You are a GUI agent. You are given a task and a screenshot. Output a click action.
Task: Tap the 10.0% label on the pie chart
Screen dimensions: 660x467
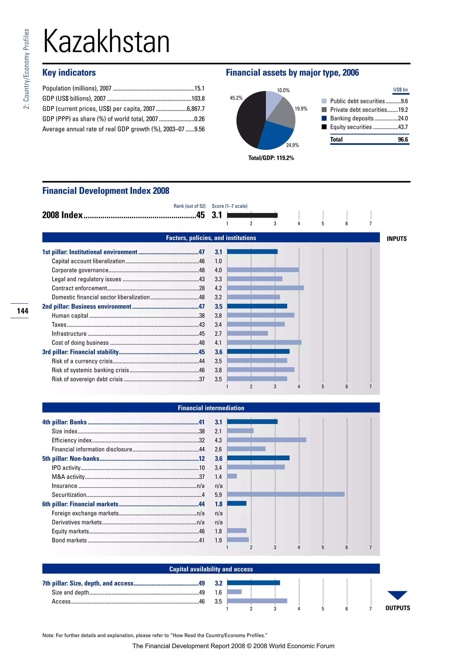pyautogui.click(x=283, y=90)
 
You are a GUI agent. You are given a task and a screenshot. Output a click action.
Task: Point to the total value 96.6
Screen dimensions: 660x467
pyautogui.click(x=403, y=139)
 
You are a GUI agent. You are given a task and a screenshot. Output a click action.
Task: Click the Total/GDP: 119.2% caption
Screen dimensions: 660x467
pyautogui.click(x=271, y=158)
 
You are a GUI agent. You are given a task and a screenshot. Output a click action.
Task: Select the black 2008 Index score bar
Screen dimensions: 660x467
pyautogui.click(x=252, y=215)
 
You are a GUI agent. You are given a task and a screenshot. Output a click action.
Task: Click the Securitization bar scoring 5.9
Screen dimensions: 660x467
pyautogui.click(x=285, y=494)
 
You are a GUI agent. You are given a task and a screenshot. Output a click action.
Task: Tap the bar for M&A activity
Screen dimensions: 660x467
pyautogui.click(x=232, y=476)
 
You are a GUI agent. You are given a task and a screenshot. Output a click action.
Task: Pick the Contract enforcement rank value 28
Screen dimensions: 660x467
pyautogui.click(x=202, y=288)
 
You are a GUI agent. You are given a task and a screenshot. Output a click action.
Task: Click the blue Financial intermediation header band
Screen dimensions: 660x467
pyautogui.click(x=211, y=408)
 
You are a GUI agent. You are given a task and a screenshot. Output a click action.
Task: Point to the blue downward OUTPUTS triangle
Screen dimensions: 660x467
pyautogui.click(x=397, y=594)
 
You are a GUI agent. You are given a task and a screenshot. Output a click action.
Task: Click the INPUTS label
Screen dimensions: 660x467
pyautogui.click(x=397, y=239)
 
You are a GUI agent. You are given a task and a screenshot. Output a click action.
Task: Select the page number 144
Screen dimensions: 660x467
pyautogui.click(x=22, y=311)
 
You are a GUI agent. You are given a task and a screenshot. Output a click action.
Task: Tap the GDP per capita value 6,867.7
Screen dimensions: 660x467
pyautogui.click(x=196, y=109)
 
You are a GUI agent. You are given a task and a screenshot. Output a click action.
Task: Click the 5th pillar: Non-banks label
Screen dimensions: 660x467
pyautogui.click(x=71, y=459)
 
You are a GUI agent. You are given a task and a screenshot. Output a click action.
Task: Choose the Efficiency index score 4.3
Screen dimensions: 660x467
pyautogui.click(x=218, y=440)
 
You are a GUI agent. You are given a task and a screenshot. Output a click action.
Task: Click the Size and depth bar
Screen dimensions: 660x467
pyautogui.click(x=234, y=592)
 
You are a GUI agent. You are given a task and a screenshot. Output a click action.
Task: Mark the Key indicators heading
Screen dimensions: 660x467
pyautogui.click(x=69, y=72)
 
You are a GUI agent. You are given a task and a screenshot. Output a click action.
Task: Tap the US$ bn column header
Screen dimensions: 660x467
pyautogui.click(x=400, y=90)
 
